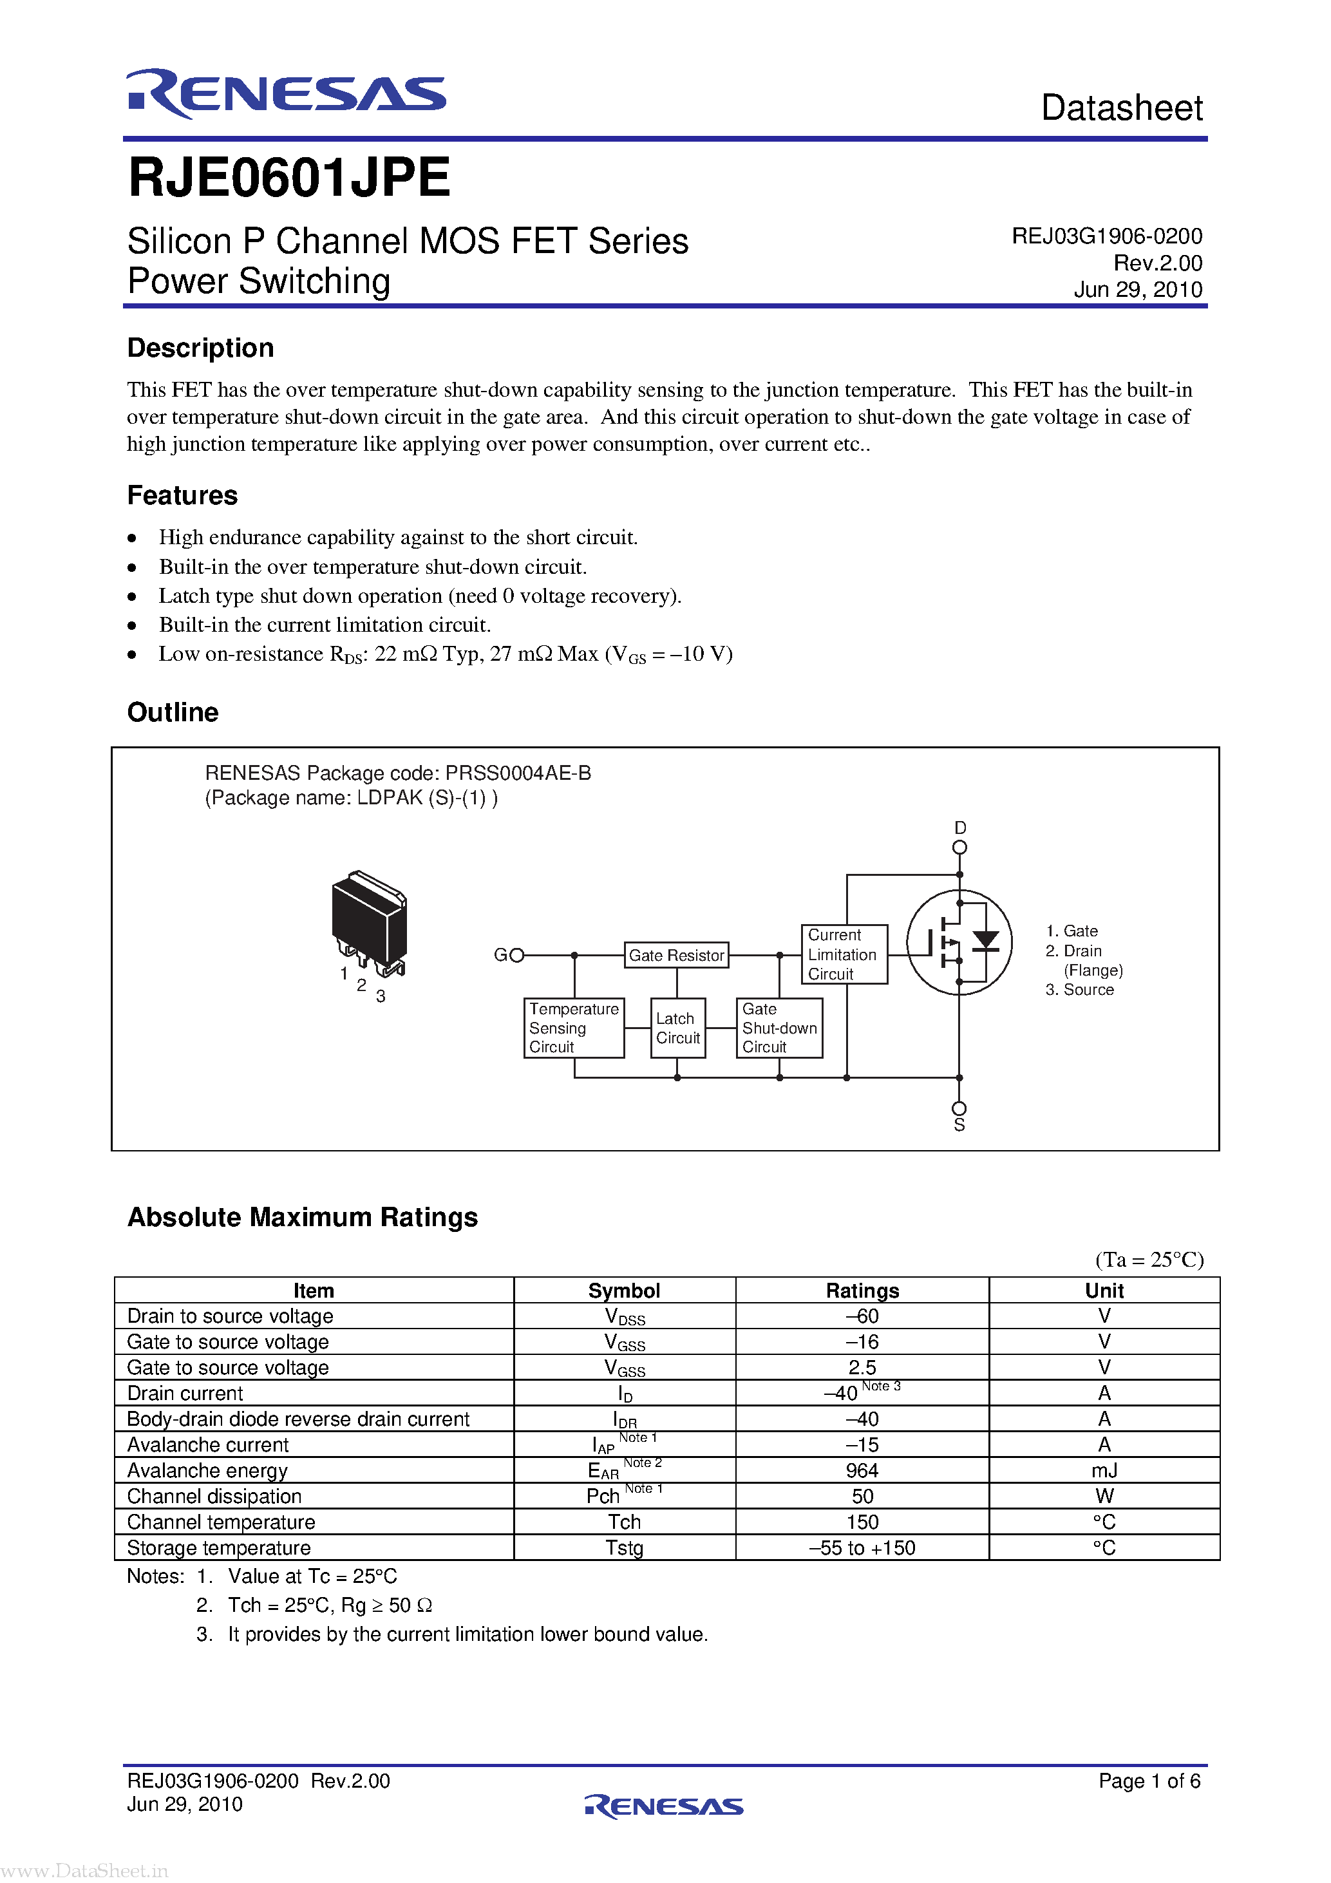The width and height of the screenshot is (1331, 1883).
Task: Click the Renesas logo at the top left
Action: pyautogui.click(x=285, y=93)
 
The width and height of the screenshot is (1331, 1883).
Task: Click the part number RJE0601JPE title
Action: pyautogui.click(x=288, y=178)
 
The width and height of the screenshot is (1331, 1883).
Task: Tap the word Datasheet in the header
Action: pyautogui.click(x=1121, y=108)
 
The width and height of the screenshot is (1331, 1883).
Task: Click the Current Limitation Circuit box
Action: pyautogui.click(x=842, y=954)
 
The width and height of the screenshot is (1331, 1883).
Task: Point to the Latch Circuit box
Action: pyautogui.click(x=677, y=1028)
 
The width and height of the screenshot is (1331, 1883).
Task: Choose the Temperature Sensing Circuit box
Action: pyautogui.click(x=573, y=1028)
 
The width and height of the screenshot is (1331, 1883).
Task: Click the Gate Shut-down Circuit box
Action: pyautogui.click(x=779, y=1028)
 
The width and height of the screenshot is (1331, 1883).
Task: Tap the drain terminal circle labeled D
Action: pyautogui.click(x=959, y=847)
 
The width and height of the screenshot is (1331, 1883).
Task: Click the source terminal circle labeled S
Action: pyautogui.click(x=959, y=1108)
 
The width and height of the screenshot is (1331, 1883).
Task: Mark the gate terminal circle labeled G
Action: pyautogui.click(x=516, y=954)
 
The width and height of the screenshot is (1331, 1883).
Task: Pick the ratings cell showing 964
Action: pyautogui.click(x=862, y=1470)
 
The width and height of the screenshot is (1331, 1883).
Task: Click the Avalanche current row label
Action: pyautogui.click(x=207, y=1444)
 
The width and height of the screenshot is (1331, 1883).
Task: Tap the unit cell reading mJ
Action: pyautogui.click(x=1104, y=1470)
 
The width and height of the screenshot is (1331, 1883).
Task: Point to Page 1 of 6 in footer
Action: pyautogui.click(x=1149, y=1781)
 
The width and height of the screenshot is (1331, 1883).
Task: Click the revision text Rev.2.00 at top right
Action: pyautogui.click(x=1157, y=263)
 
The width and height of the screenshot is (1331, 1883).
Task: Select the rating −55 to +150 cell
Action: pyautogui.click(x=862, y=1547)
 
